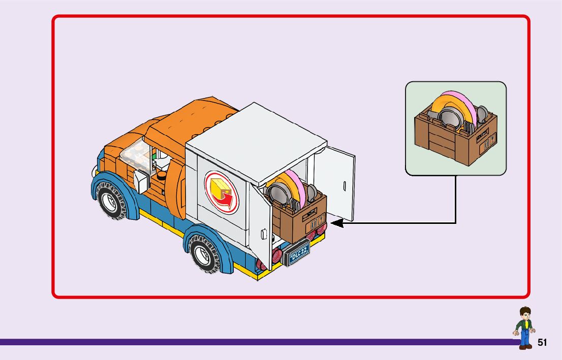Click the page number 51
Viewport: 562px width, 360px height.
click(542, 343)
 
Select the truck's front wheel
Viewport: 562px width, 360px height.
click(111, 201)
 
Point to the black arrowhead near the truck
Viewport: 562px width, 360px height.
click(336, 222)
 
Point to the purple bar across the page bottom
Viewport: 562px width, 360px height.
click(254, 342)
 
